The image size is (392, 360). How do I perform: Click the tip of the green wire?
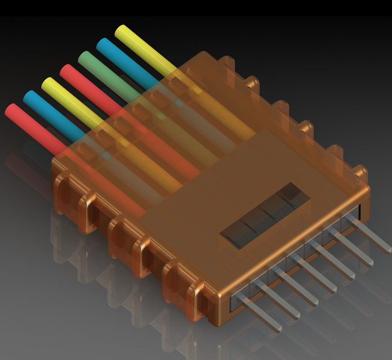click(x=83, y=56)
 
